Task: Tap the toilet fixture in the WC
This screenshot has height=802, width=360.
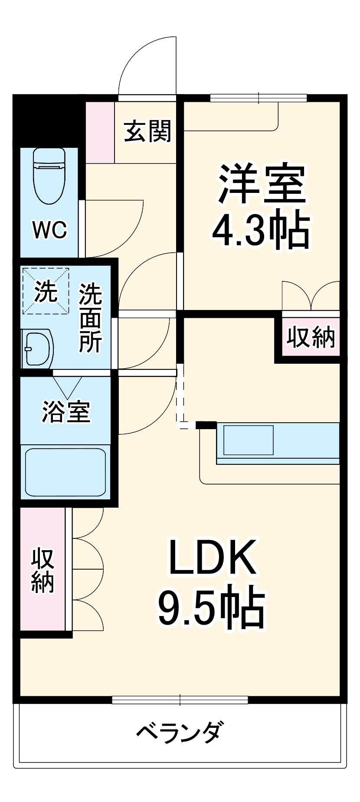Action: point(49,176)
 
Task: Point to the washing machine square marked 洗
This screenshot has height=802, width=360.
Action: point(46,291)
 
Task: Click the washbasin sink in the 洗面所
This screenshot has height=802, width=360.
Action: point(38,349)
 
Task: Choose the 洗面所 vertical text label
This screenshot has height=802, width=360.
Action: point(90,317)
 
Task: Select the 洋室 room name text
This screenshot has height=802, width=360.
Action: point(262,183)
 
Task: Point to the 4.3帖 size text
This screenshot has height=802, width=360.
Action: point(261,231)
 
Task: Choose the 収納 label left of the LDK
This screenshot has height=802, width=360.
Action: point(43,570)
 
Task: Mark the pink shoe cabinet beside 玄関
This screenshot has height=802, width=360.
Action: point(100,132)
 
